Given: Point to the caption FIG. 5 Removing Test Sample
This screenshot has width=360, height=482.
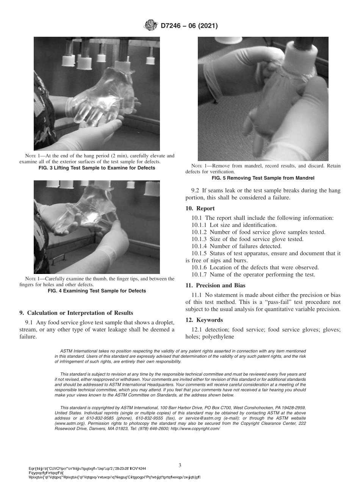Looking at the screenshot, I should point(263,178).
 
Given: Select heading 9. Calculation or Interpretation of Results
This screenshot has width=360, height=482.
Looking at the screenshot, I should point(76,313).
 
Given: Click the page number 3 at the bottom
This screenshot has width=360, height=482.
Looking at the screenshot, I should point(180,465).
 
